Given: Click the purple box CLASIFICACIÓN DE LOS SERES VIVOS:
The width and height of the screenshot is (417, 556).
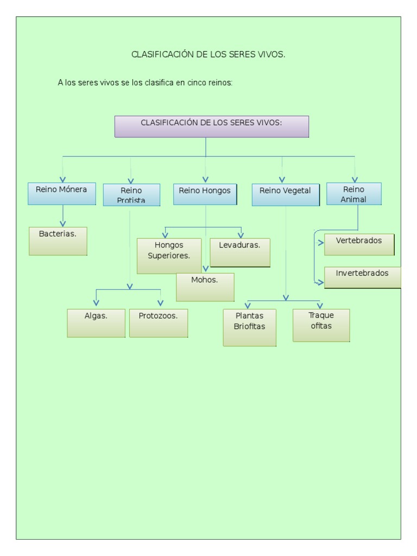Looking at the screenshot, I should [x=212, y=126].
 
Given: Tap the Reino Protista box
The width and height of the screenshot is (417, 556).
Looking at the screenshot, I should [x=131, y=195].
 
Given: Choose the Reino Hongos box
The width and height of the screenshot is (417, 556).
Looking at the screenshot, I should [x=205, y=194].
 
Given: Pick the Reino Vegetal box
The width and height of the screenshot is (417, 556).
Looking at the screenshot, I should [x=286, y=194].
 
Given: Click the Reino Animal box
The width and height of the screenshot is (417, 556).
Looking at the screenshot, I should [x=354, y=194].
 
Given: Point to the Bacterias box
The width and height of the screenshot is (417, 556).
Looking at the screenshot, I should [x=58, y=241].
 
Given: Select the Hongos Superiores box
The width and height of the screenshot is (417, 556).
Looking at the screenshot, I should [x=169, y=256].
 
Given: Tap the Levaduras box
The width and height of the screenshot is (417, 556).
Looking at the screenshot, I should [x=240, y=252].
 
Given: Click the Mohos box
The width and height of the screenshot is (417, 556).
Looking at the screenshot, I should [x=205, y=287].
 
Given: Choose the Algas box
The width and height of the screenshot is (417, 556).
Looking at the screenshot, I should [x=96, y=323].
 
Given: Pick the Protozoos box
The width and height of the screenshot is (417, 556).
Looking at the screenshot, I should [x=159, y=323].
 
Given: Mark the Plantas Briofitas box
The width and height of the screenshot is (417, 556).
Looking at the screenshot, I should [x=249, y=327].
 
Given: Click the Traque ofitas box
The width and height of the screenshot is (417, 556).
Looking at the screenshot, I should [x=321, y=325].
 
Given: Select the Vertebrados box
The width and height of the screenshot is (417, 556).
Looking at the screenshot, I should [x=359, y=244].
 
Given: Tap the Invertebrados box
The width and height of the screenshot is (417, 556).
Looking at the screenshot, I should [x=363, y=277].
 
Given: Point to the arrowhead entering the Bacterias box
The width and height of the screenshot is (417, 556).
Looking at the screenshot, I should [x=63, y=222].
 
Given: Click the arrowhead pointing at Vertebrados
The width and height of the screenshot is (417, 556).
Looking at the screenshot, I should [x=320, y=243].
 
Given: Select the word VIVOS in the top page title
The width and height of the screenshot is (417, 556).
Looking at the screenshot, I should [x=273, y=55].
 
